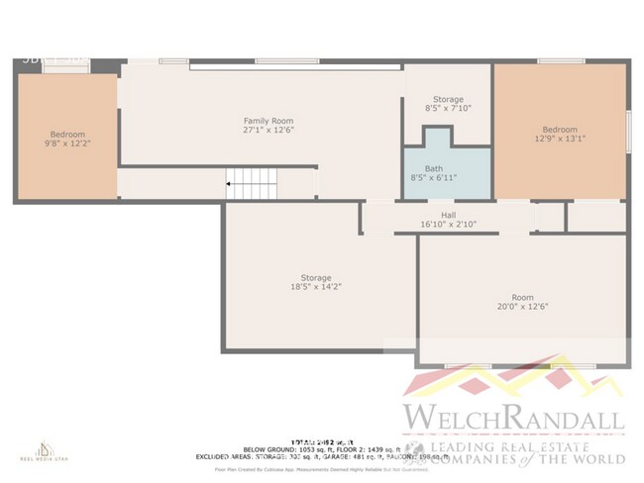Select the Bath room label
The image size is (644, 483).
(434, 168)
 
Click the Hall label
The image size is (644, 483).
(448, 215)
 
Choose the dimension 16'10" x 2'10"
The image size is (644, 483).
(448, 225)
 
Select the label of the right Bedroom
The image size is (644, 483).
(559, 130)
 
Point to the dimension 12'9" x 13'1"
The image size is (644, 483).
(559, 139)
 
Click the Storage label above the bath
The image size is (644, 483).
(448, 99)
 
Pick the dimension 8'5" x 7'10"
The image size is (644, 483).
(448, 108)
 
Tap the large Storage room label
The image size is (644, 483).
(316, 278)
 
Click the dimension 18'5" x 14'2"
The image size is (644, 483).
(316, 287)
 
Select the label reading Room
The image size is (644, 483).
(522, 297)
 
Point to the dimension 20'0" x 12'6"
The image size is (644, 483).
(522, 306)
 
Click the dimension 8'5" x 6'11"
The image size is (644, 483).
(434, 178)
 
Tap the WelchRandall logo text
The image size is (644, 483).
(512, 419)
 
